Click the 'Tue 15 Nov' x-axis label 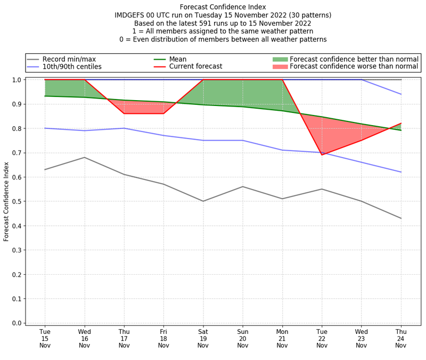(45, 339)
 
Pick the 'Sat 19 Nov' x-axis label (203, 339)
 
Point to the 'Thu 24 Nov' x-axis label (401, 339)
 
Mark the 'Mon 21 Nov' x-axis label (282, 339)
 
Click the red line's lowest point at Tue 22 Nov (322, 155)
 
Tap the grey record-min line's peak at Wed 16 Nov (84, 157)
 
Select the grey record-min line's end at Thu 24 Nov (401, 218)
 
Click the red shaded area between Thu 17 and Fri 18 (144, 107)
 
